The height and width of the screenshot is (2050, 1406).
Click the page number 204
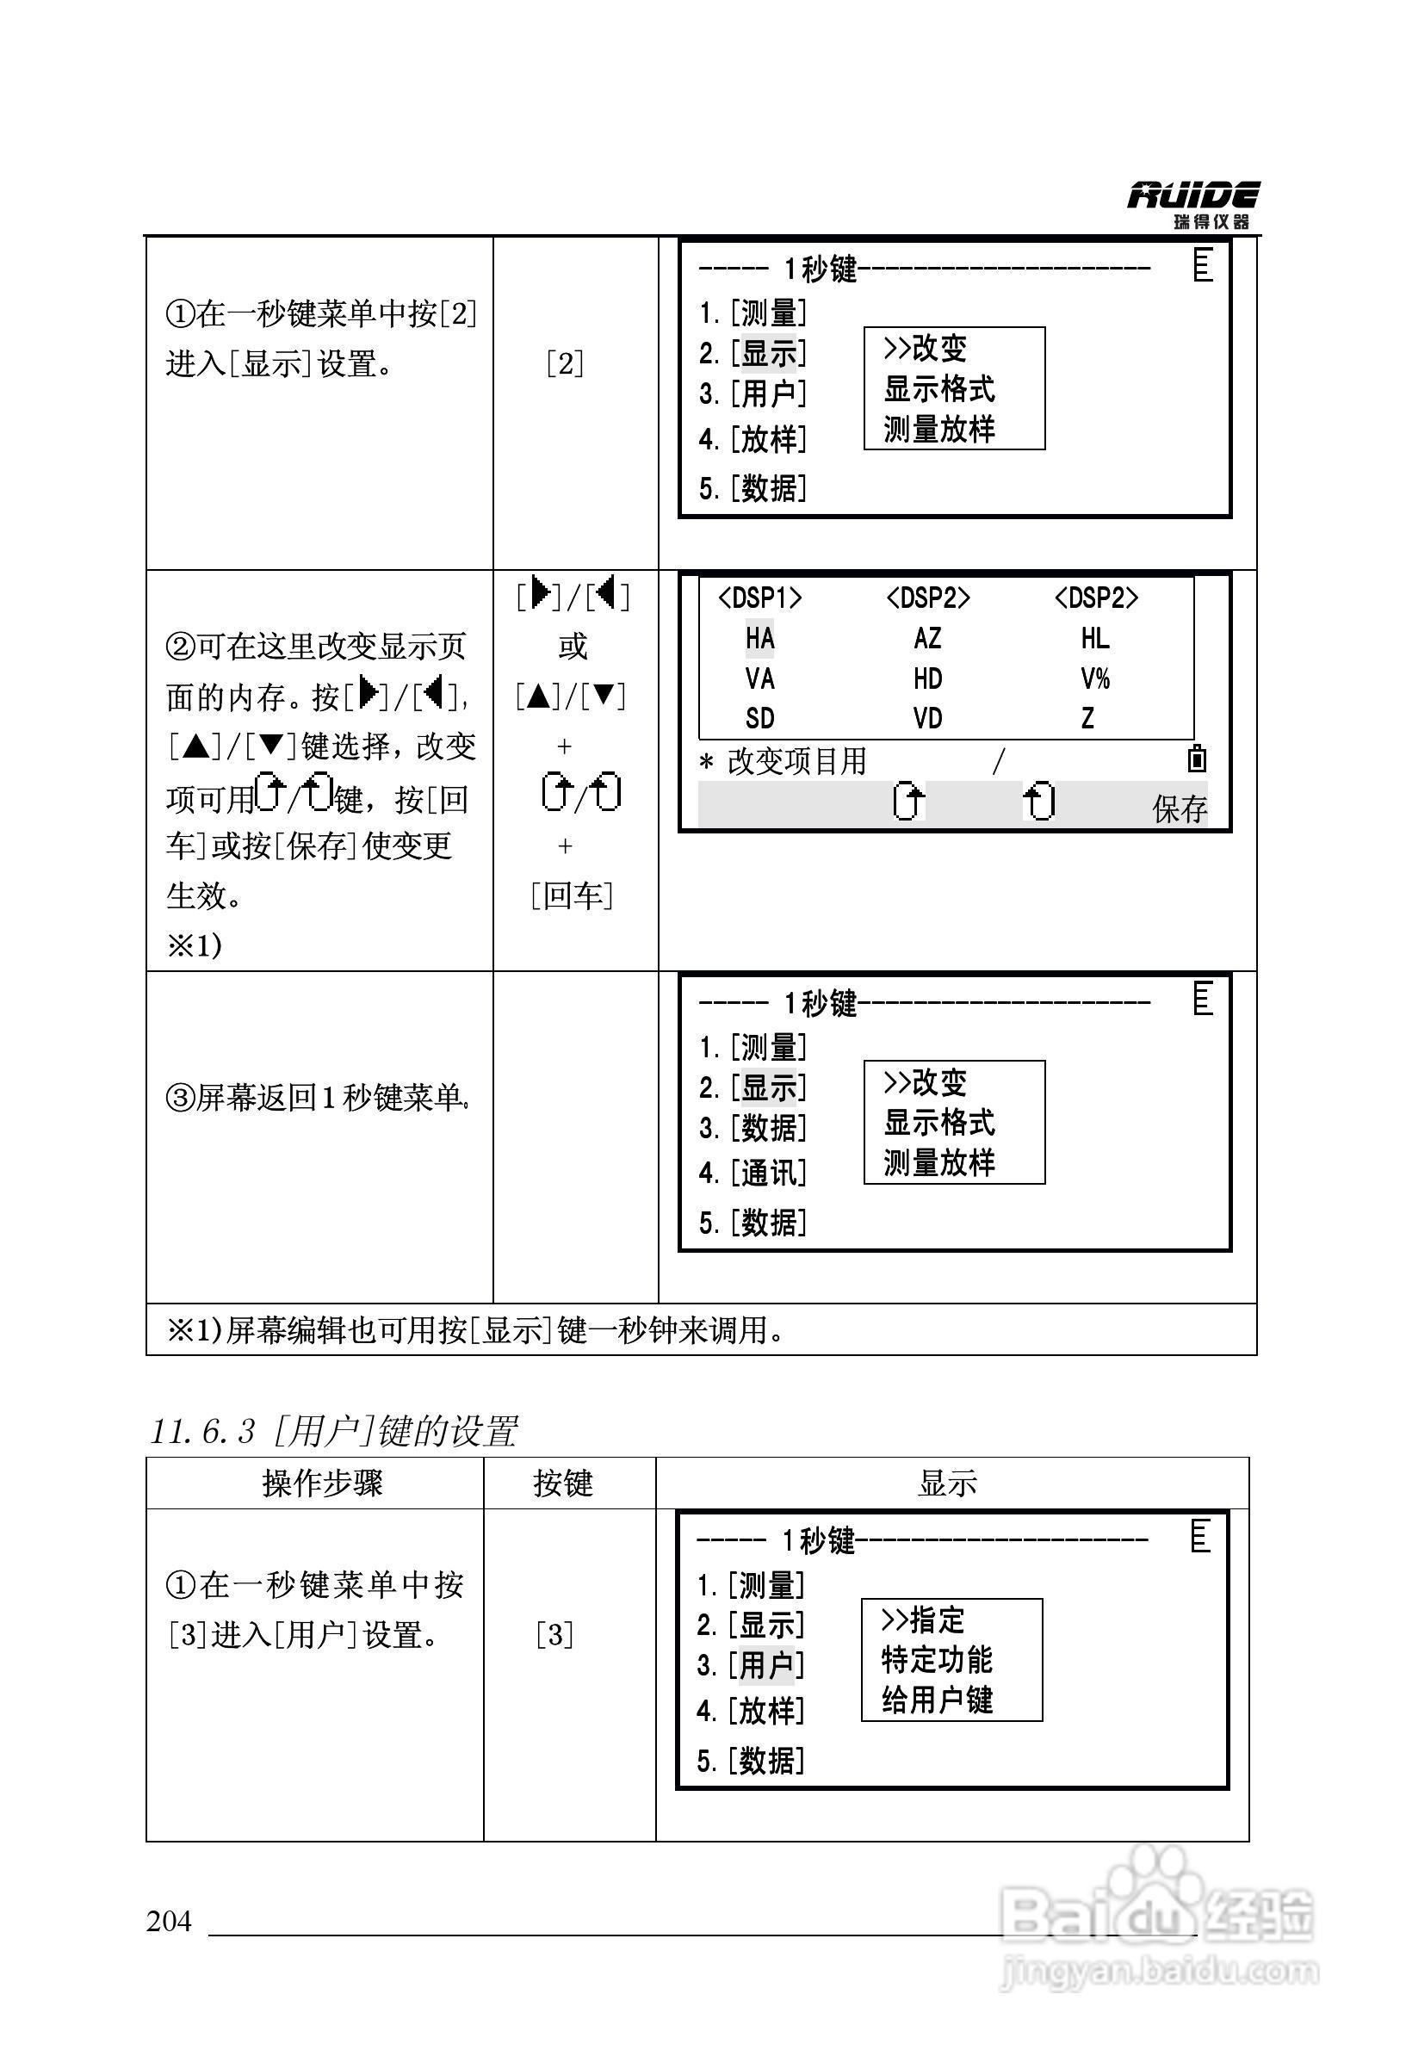(x=169, y=1920)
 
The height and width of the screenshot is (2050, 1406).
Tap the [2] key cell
(x=565, y=363)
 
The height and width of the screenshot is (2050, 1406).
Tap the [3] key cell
(x=554, y=1634)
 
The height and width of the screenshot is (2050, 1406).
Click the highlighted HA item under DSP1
(x=759, y=638)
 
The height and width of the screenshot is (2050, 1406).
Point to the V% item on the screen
(x=1094, y=678)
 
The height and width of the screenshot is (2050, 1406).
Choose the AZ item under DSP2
(x=927, y=638)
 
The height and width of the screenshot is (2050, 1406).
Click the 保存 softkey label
(x=1179, y=808)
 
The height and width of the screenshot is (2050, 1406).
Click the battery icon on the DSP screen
(x=1197, y=759)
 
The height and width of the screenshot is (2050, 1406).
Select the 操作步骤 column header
(x=322, y=1483)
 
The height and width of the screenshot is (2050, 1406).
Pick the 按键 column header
(x=563, y=1483)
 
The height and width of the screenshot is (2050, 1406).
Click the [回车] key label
(x=572, y=895)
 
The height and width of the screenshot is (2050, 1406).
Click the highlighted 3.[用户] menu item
(x=751, y=1665)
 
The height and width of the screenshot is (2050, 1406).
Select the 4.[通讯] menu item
(x=753, y=1174)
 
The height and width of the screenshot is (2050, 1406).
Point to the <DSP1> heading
(x=759, y=598)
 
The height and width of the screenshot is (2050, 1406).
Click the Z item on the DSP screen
(x=1087, y=718)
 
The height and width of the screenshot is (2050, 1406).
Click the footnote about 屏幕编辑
(x=476, y=1329)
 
